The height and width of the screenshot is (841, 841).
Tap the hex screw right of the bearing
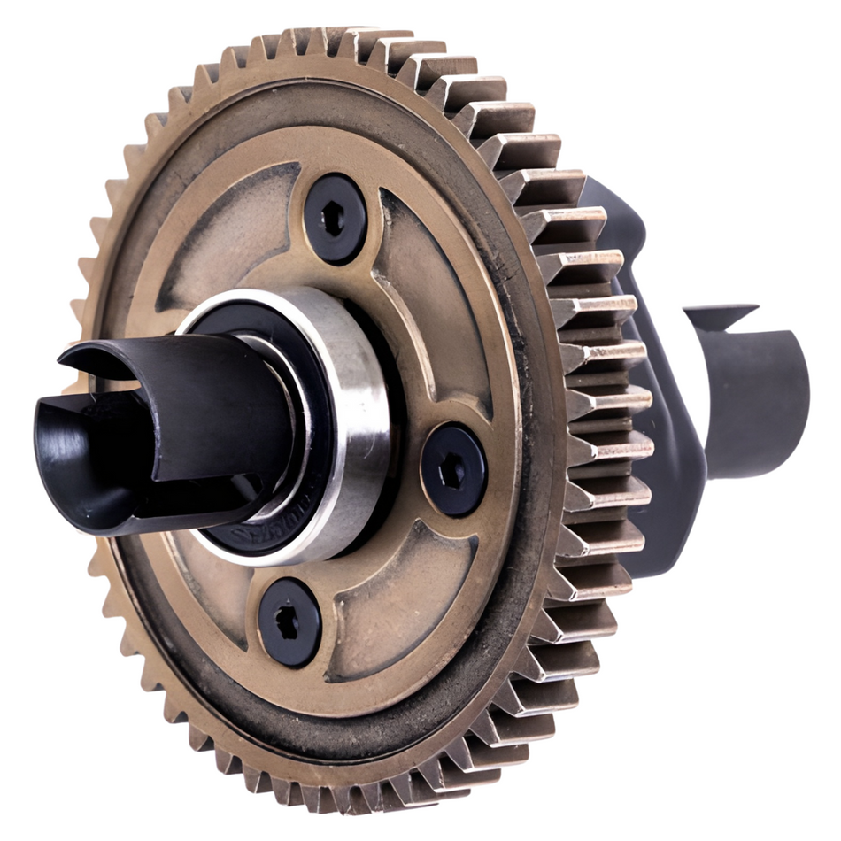[x=452, y=470]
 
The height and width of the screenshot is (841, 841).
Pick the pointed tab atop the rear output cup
[x=721, y=312]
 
